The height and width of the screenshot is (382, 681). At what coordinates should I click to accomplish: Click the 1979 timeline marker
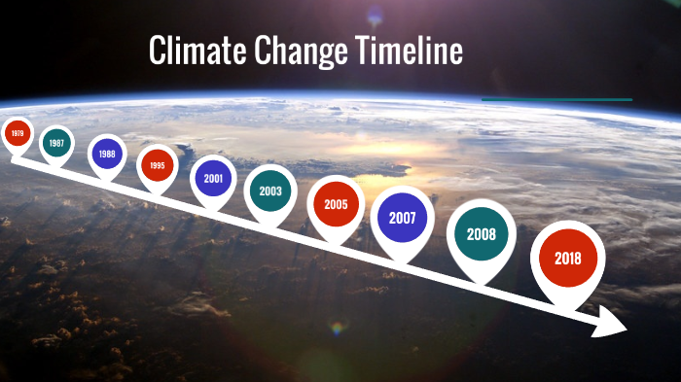[17, 133]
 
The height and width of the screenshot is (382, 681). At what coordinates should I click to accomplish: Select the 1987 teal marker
[56, 143]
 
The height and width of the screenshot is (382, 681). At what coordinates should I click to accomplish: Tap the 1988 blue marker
[107, 154]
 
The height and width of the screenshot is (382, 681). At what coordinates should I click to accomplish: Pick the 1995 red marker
[158, 165]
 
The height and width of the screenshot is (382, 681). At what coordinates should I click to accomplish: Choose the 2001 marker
[213, 178]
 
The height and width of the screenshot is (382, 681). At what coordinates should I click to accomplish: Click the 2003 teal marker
[270, 191]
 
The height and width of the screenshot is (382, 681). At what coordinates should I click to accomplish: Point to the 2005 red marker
[336, 205]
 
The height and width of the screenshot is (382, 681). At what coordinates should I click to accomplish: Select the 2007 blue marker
[402, 218]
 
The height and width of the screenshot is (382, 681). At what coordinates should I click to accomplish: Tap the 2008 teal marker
[482, 234]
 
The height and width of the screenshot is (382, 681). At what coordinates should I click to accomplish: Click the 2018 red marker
[567, 259]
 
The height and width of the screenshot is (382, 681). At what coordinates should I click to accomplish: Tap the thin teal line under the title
[556, 99]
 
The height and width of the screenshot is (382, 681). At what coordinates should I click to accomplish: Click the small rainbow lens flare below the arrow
[338, 330]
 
